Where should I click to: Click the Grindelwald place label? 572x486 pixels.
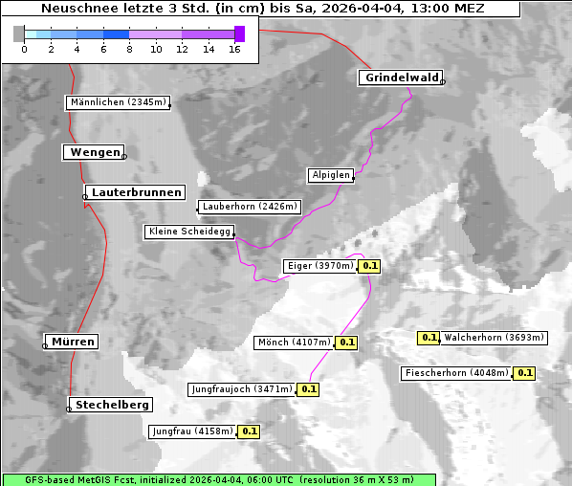click(x=402, y=77)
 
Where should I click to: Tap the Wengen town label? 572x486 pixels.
click(x=95, y=152)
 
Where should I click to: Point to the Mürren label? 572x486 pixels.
click(x=73, y=342)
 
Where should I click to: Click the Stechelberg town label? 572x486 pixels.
click(x=112, y=405)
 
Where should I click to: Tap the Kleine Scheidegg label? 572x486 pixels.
click(x=189, y=232)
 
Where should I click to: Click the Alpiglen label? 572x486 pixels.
click(x=331, y=175)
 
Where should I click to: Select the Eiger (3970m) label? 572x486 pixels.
click(x=321, y=266)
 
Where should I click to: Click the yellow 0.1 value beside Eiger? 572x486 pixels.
click(x=371, y=266)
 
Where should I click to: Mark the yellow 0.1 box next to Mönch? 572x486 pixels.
click(x=346, y=342)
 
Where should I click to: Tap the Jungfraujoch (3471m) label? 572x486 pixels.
click(x=242, y=389)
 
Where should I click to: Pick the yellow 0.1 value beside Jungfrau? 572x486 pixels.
click(x=249, y=431)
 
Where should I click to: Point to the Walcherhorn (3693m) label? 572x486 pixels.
click(x=494, y=338)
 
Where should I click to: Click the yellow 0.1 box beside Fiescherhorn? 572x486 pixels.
click(x=524, y=373)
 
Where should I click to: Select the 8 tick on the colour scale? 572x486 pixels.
click(x=128, y=49)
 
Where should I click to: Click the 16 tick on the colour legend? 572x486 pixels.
click(x=234, y=49)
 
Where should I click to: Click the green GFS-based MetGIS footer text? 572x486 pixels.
click(x=218, y=479)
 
